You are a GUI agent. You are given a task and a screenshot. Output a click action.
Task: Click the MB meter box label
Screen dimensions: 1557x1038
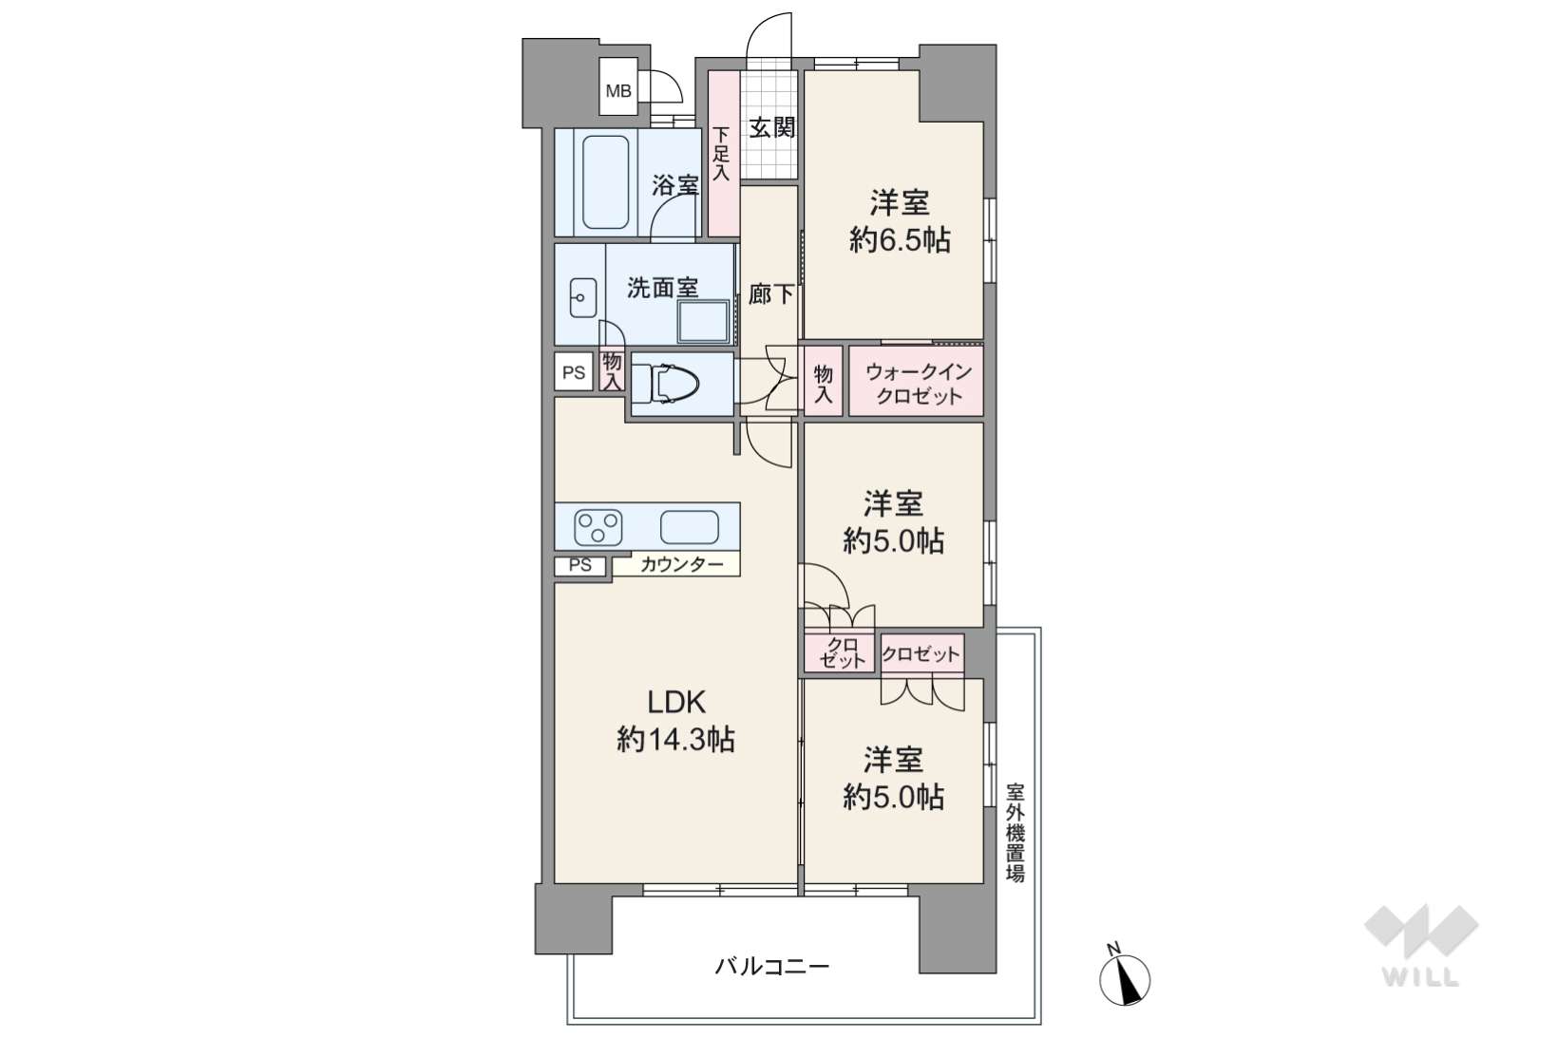(618, 91)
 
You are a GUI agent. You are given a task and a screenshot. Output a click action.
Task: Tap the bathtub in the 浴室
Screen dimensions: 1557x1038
(605, 182)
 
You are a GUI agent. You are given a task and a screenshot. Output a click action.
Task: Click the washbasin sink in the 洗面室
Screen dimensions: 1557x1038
(583, 297)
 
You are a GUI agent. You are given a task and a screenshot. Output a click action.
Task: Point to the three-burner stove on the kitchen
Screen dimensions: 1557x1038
(598, 527)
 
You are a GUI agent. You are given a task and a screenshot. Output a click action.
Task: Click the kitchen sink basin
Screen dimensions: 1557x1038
(689, 527)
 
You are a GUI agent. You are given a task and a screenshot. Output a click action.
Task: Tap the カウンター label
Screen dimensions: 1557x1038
(681, 564)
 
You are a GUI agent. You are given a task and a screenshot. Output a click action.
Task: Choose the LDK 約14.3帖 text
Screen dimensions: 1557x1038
(675, 721)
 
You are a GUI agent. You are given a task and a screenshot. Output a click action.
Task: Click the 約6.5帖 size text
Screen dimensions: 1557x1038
(900, 240)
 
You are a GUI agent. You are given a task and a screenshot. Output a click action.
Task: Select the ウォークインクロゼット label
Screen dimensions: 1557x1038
(919, 384)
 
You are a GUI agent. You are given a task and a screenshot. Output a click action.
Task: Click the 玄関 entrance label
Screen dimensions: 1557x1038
(772, 127)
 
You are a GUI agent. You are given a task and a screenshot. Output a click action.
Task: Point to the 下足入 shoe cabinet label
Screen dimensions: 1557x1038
(722, 154)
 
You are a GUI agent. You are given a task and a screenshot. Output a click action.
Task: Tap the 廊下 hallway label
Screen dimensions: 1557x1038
(770, 294)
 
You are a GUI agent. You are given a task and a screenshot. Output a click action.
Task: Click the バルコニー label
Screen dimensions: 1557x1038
(772, 967)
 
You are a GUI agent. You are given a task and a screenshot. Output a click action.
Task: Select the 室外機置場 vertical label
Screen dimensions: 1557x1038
(1016, 833)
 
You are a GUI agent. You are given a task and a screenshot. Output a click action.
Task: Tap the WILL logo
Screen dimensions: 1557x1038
(1421, 946)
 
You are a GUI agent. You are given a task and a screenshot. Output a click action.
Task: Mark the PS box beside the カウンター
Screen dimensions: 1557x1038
(581, 566)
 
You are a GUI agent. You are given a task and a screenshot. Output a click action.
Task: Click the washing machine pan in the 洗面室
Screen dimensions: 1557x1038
(703, 321)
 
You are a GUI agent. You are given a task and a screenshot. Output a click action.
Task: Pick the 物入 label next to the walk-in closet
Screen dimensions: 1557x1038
(823, 384)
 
